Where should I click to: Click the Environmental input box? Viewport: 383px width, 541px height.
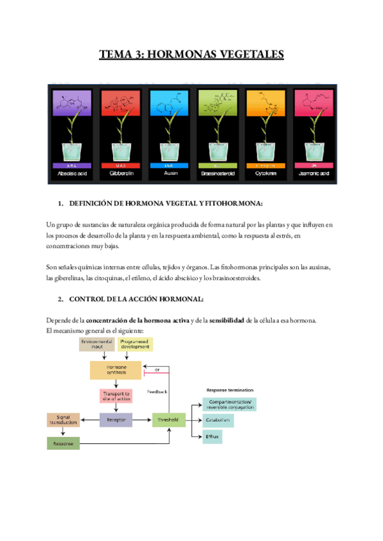coord(97,345)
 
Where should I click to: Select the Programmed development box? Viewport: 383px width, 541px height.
coord(135,345)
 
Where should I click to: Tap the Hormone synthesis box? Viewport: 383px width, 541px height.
coord(116,370)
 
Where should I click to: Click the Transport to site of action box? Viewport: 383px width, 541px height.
coord(116,396)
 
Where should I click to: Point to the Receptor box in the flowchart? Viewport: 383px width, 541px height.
coord(116,420)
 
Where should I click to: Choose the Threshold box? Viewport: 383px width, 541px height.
coord(169,420)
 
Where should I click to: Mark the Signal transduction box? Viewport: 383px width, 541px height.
coord(63,420)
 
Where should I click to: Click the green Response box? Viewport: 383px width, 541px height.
coord(63,443)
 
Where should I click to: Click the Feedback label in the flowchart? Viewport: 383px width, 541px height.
coord(157,390)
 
